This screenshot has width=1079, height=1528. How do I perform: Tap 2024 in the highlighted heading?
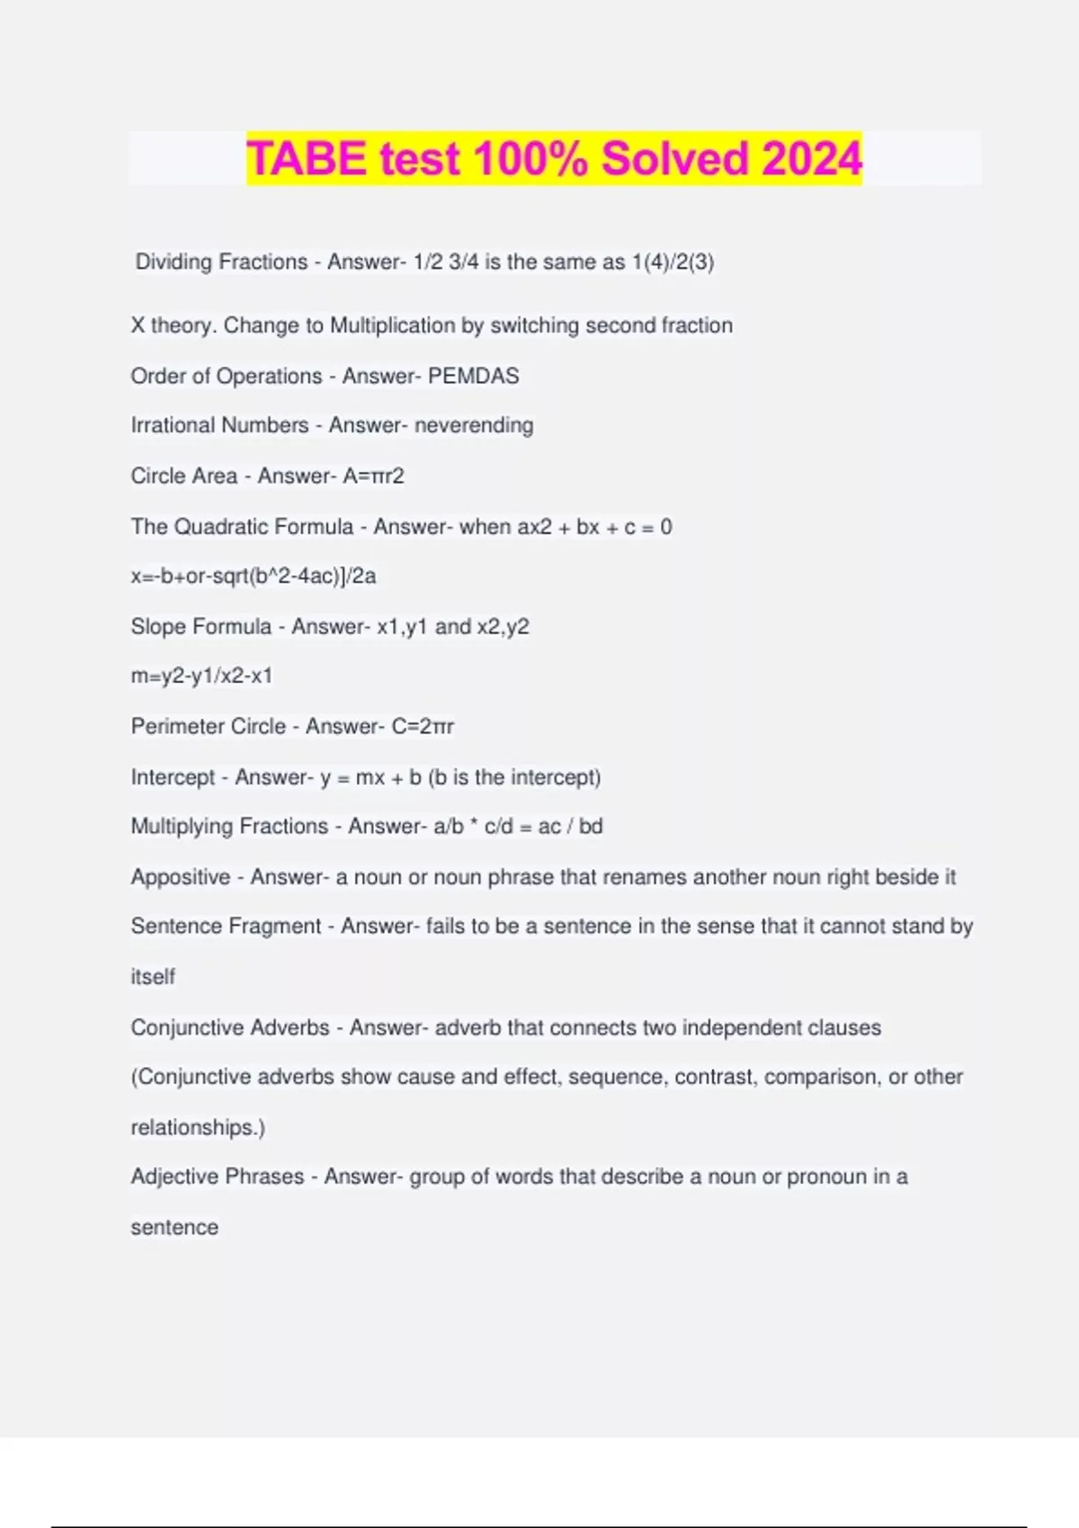812,158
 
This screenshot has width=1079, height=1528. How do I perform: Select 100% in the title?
531,158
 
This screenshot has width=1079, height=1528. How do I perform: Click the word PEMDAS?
474,376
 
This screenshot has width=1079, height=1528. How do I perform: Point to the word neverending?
474,425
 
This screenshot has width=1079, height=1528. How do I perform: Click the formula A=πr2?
374,475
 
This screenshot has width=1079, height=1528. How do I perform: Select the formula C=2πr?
424,726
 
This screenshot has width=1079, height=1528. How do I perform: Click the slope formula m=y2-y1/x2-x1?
201,676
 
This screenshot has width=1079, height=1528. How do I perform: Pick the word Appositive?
181,877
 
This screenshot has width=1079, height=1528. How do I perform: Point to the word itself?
153,977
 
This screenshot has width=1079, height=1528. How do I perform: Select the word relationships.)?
198,1127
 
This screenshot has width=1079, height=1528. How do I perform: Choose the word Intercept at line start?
173,777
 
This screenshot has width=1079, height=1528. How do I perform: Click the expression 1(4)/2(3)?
673,262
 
